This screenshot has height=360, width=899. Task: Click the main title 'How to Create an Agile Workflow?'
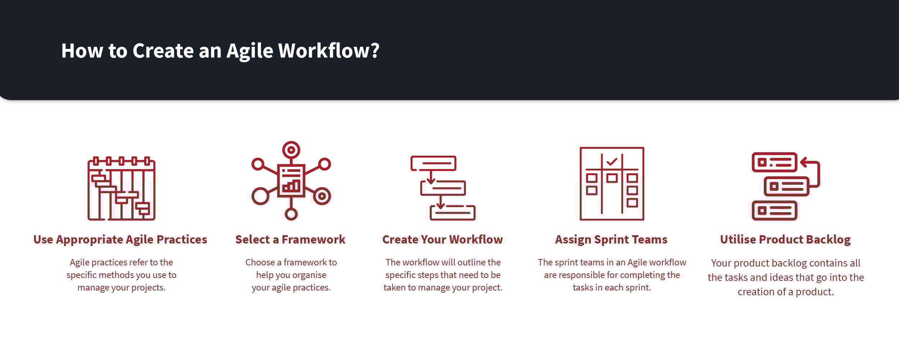tap(220, 51)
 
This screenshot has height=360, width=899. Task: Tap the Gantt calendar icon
tap(122, 188)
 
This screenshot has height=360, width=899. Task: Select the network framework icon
tap(291, 181)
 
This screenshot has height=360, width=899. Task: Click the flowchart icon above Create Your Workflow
tap(443, 188)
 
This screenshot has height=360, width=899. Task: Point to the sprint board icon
tap(612, 183)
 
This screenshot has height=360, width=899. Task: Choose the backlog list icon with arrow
tap(786, 186)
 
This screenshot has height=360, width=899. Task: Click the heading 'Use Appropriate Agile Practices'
tap(120, 240)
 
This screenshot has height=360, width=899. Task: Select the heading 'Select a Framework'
tap(290, 240)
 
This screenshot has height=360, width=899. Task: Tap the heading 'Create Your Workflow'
tap(443, 240)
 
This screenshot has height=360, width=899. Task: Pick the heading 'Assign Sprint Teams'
tap(611, 240)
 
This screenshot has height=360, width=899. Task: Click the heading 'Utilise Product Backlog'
tap(785, 240)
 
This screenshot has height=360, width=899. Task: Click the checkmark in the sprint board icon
tap(612, 161)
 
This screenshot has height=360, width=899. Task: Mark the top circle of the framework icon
tap(291, 150)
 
